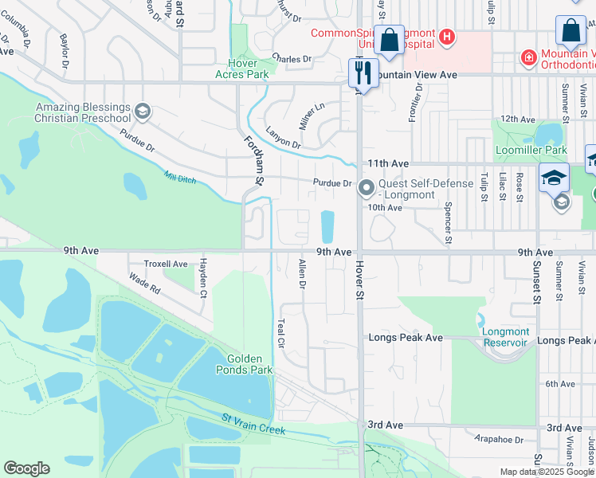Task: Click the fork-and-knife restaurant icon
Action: (x=363, y=73)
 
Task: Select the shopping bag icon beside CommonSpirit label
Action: (x=390, y=40)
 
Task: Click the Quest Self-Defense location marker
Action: (x=367, y=189)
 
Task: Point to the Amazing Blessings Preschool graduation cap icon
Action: (x=143, y=110)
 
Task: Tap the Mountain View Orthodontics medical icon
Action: (x=527, y=57)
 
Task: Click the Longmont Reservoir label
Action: (x=505, y=337)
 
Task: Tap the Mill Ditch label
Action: (x=180, y=178)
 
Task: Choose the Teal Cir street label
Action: (x=280, y=332)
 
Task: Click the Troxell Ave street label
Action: (x=166, y=264)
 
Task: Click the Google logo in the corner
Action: (x=26, y=468)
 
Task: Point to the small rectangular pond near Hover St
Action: (x=327, y=227)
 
